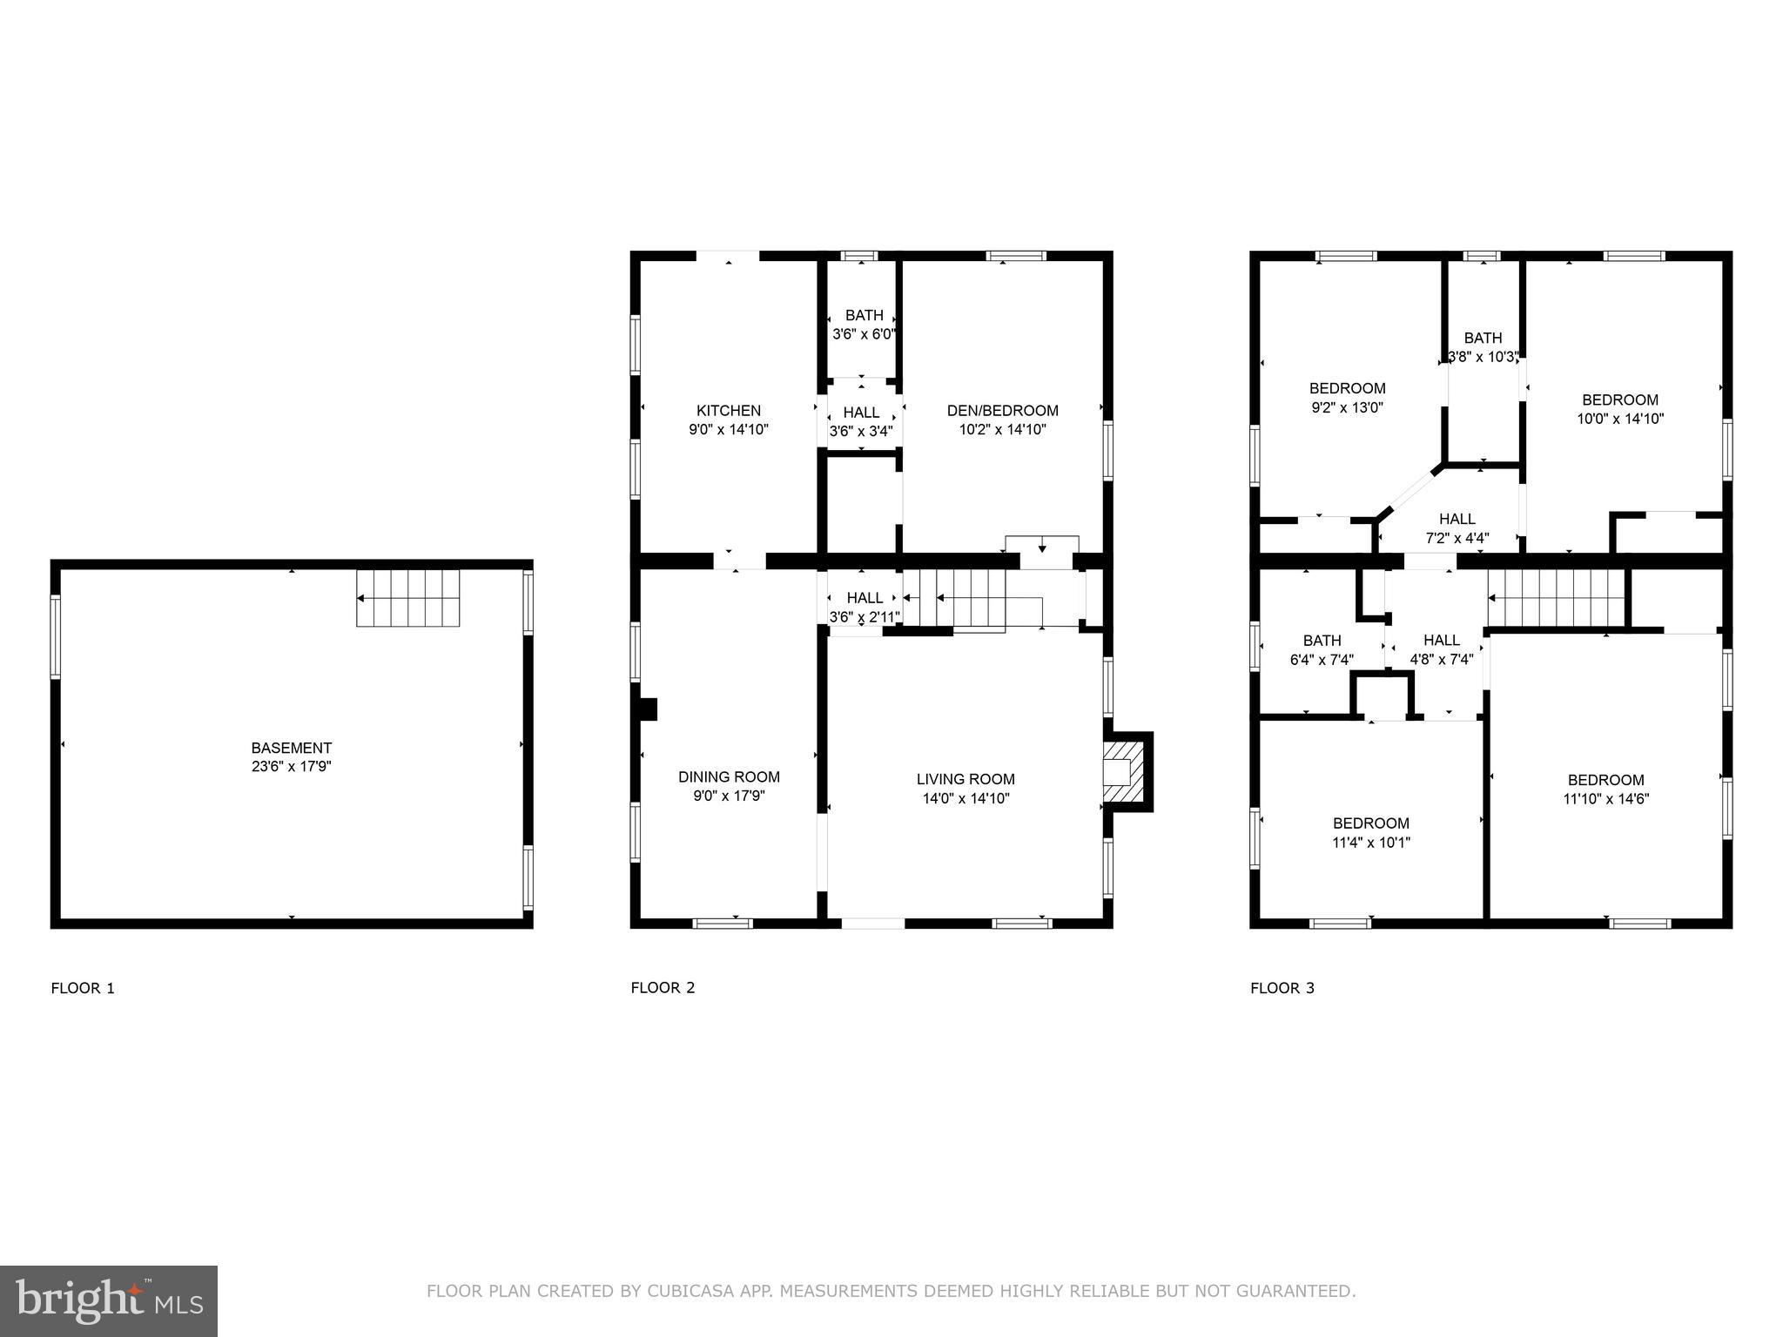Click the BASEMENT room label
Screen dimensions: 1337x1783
[x=291, y=748]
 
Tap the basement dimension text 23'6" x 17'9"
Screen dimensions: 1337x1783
[x=291, y=767]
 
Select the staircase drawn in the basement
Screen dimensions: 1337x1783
[x=407, y=598]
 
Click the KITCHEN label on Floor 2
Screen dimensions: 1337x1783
[x=728, y=410]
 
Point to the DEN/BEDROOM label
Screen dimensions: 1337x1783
[x=1002, y=410]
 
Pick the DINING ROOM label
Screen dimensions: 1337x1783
[x=728, y=776]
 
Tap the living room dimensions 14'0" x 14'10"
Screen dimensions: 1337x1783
[x=966, y=798]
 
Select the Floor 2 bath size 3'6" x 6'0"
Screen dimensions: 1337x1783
[x=864, y=334]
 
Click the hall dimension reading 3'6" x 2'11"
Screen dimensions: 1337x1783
[x=864, y=617]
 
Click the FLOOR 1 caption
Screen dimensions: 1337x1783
[x=83, y=988]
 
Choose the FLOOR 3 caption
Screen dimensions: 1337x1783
[x=1282, y=988]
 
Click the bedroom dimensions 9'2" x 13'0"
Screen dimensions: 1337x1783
[x=1347, y=406]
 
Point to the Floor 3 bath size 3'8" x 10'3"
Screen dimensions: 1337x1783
[x=1483, y=356]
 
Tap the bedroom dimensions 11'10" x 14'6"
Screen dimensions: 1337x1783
[x=1605, y=798]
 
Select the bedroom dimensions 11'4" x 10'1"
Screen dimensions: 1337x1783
[x=1370, y=842]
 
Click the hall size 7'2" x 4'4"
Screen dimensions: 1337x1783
[x=1457, y=538]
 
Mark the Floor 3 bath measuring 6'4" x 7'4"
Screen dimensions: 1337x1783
[x=1321, y=660]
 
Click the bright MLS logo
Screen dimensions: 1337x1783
[x=109, y=1300]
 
